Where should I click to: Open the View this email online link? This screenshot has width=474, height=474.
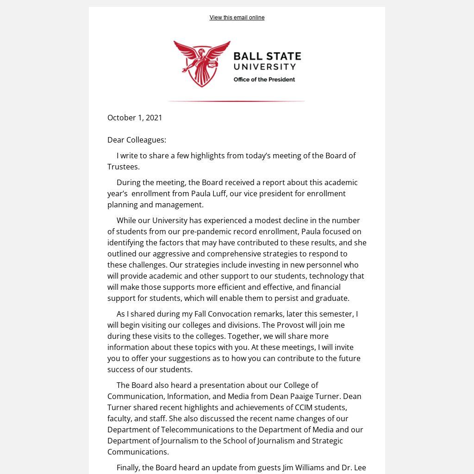tap(237, 18)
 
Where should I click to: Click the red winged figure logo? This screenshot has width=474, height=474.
tap(202, 63)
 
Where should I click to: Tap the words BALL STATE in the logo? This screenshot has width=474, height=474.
tap(267, 57)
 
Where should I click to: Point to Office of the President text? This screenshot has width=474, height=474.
tap(264, 80)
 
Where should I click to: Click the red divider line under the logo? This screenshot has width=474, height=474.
tap(236, 101)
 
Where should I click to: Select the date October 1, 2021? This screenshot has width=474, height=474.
tap(135, 118)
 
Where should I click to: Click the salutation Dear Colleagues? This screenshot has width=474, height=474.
tap(137, 140)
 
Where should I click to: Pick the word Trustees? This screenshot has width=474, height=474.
tap(123, 167)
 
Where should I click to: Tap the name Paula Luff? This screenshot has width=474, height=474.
tap(209, 193)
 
